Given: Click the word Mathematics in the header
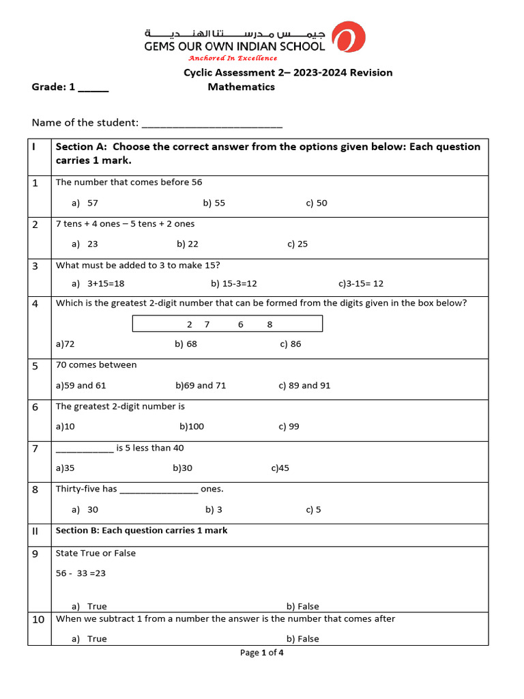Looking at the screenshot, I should coord(241,87).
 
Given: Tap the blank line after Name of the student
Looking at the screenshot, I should coord(211,124).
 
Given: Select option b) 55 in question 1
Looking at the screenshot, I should coord(214,203).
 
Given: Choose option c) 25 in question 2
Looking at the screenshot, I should coord(297,244).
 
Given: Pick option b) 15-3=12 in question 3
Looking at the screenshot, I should coord(234,283).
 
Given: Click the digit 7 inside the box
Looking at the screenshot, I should coord(207,324).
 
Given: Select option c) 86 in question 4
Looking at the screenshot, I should coord(290,344).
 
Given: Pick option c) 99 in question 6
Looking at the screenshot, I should coord(289,427).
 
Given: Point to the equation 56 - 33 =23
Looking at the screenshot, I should coord(81,573).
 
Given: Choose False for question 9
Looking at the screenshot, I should coord(303,606).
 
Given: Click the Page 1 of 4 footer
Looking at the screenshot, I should coord(261,653).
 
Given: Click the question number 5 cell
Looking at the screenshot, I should coord(35,366).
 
